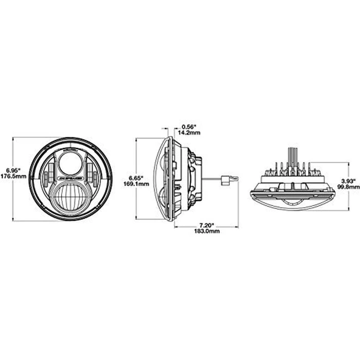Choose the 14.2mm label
(188, 132)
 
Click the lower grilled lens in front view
(70, 199)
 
